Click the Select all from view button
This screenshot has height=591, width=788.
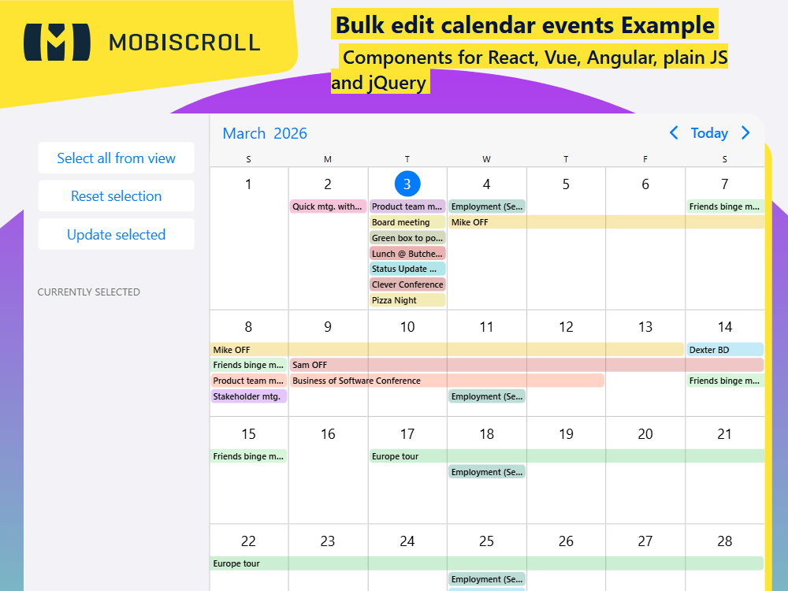pos(116,158)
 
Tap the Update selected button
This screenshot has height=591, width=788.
pos(116,235)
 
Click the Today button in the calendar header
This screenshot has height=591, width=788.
pos(709,133)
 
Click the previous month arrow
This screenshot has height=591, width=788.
pos(674,133)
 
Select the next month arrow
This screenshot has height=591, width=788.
pos(745,133)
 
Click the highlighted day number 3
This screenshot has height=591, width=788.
pos(407,184)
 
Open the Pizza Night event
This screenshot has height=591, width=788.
pos(407,300)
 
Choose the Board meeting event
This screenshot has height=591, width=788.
pos(407,222)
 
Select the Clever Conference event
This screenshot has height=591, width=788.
pos(407,284)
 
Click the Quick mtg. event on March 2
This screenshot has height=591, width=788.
pos(328,206)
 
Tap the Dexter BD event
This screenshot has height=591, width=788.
pos(724,349)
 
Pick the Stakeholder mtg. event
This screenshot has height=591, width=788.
pos(248,396)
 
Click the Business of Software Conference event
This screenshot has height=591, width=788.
pos(447,381)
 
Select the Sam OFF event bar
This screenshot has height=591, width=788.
pos(526,365)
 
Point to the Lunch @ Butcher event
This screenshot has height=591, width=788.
pos(407,254)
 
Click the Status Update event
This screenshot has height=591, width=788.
pos(407,269)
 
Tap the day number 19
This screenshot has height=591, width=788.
pos(566,434)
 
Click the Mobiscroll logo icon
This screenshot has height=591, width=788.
pos(57,42)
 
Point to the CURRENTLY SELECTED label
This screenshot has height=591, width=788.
pos(89,292)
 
